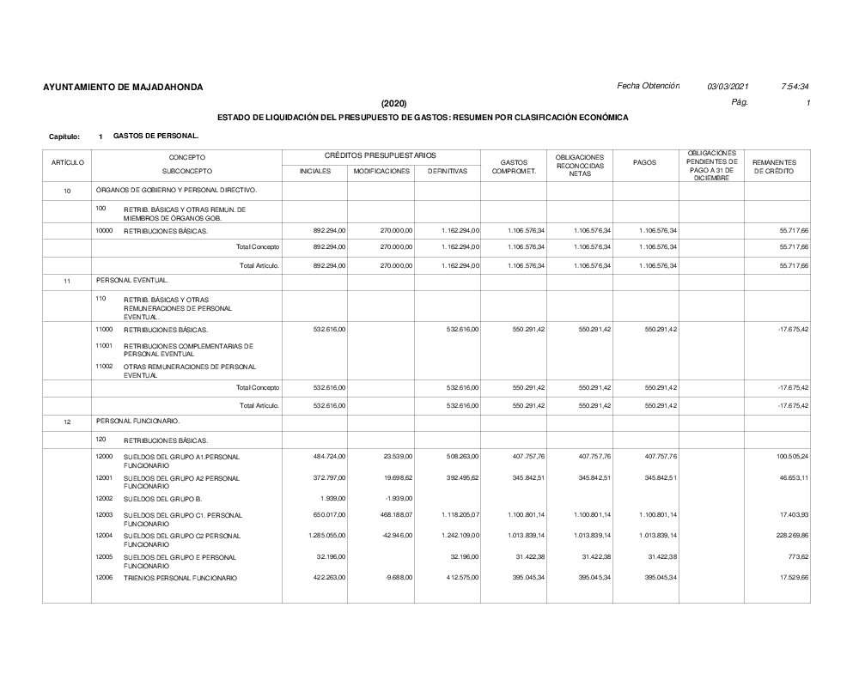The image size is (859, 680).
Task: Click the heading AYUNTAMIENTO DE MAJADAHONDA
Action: click(123, 88)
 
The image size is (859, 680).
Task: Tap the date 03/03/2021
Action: click(728, 87)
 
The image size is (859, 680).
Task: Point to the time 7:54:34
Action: click(795, 87)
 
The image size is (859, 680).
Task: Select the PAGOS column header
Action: click(645, 163)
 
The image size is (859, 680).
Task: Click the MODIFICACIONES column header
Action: click(381, 171)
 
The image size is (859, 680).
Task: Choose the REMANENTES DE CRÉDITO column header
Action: click(775, 167)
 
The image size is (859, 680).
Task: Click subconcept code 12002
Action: click(104, 498)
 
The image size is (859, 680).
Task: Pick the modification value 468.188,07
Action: click(394, 515)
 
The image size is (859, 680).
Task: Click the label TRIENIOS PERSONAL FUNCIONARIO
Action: click(180, 578)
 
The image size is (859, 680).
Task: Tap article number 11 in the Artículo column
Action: click(67, 281)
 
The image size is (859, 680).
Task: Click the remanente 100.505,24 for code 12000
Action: click(792, 456)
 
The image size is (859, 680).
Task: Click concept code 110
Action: click(101, 299)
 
